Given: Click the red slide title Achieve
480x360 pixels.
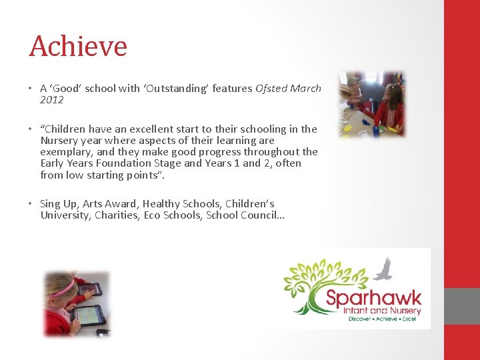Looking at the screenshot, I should click(78, 47).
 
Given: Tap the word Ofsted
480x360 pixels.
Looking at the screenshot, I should click(271, 88).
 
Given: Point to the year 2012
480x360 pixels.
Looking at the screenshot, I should click(52, 100).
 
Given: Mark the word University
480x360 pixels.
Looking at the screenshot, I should click(65, 215).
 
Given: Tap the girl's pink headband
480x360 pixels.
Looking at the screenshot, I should click(63, 289).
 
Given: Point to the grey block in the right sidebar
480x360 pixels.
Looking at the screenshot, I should click(461, 306).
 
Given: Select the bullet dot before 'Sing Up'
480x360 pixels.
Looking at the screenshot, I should click(31, 204).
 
